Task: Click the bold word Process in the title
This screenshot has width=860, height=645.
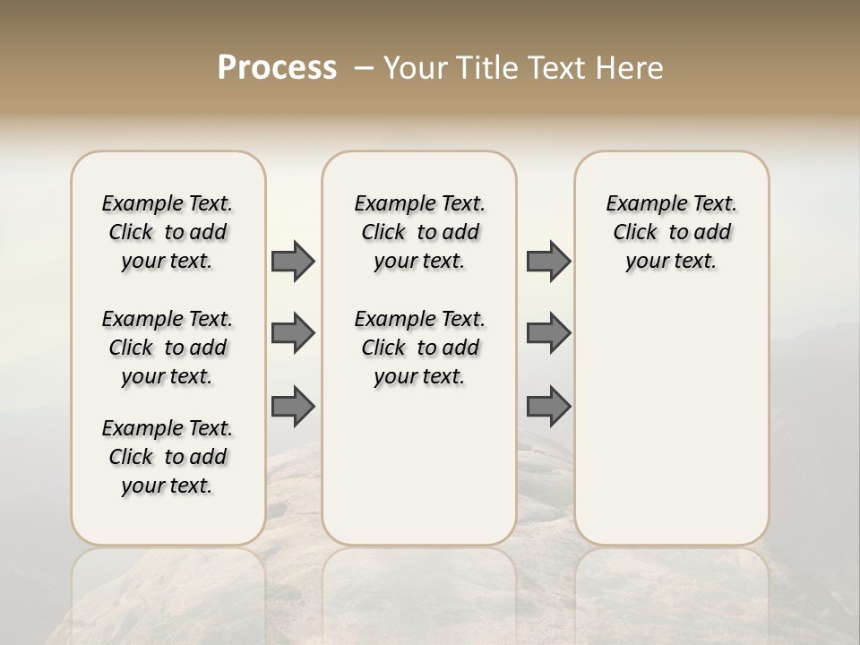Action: [x=277, y=68]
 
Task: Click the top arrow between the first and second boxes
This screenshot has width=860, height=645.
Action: [x=293, y=262]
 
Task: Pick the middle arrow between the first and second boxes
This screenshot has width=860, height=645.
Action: [x=293, y=333]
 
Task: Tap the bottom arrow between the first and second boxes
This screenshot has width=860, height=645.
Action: [x=293, y=407]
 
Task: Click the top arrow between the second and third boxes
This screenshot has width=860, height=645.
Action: [x=548, y=262]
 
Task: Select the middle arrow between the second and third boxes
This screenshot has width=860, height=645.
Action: [x=548, y=333]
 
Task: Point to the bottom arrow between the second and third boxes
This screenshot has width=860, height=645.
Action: [x=548, y=407]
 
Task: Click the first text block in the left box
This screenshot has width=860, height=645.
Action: [x=168, y=232]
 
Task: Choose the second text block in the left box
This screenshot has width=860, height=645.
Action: [x=168, y=348]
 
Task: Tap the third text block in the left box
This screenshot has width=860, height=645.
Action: [x=168, y=457]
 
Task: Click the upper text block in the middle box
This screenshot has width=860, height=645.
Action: [x=420, y=232]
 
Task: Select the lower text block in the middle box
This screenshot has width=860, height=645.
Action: [x=420, y=348]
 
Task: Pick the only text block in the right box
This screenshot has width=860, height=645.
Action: [x=672, y=232]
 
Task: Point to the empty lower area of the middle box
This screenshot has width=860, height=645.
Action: [x=419, y=466]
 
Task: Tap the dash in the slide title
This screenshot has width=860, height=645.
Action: [x=364, y=68]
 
